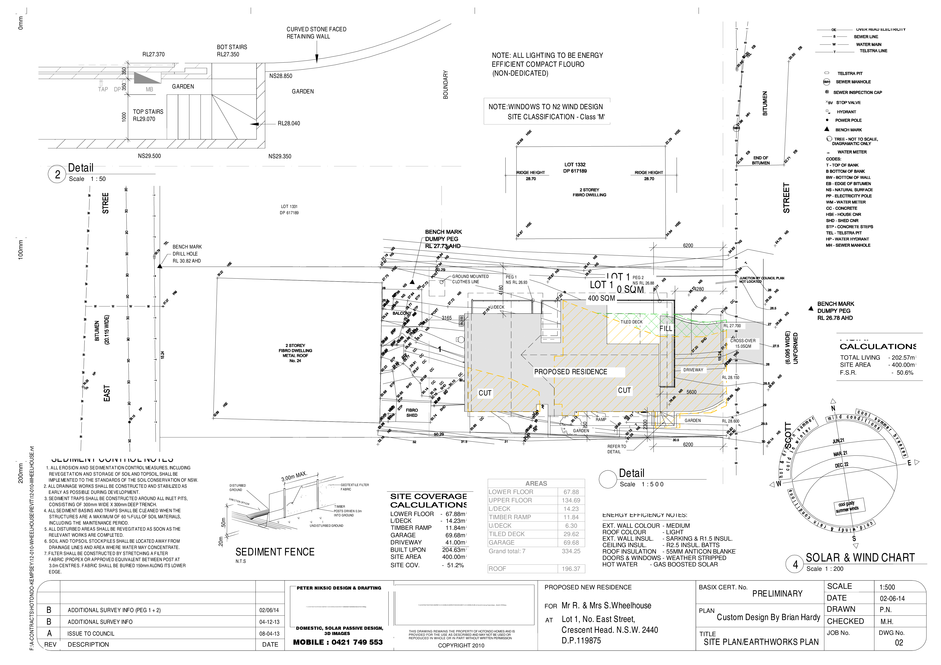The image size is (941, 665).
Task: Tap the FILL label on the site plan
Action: click(x=666, y=329)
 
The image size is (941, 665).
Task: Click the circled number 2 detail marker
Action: click(x=57, y=175)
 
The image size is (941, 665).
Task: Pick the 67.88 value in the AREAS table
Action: click(x=571, y=492)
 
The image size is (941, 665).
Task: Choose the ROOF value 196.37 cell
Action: click(x=571, y=569)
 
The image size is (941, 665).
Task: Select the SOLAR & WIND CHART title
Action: click(x=860, y=558)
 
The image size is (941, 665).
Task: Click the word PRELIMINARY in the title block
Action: click(x=777, y=594)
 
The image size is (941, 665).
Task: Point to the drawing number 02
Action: click(x=899, y=643)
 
